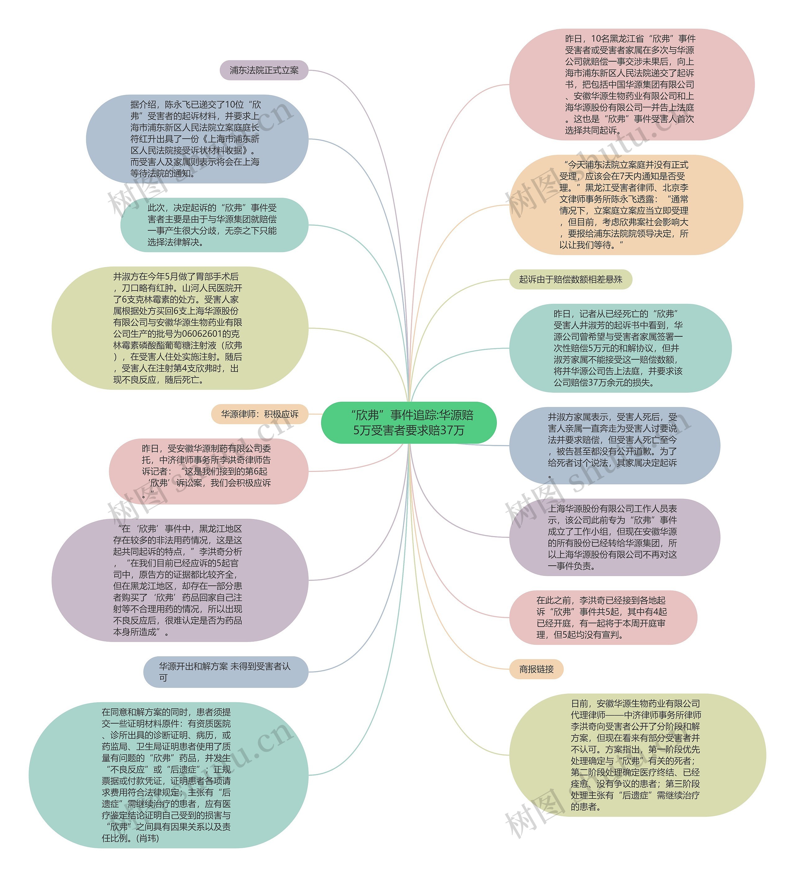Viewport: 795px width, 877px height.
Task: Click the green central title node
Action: click(409, 423)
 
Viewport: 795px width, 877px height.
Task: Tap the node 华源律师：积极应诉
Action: click(260, 414)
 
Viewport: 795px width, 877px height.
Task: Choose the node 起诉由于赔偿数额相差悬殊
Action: click(570, 279)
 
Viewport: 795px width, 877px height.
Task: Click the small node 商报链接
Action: click(536, 669)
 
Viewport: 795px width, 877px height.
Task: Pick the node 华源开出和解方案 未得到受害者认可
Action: click(225, 672)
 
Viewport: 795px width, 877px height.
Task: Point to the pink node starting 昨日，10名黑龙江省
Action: click(631, 84)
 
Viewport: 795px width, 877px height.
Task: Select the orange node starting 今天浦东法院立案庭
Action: click(626, 205)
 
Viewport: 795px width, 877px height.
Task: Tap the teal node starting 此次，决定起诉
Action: click(214, 225)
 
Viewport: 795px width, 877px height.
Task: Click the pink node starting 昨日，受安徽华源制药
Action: click(208, 471)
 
